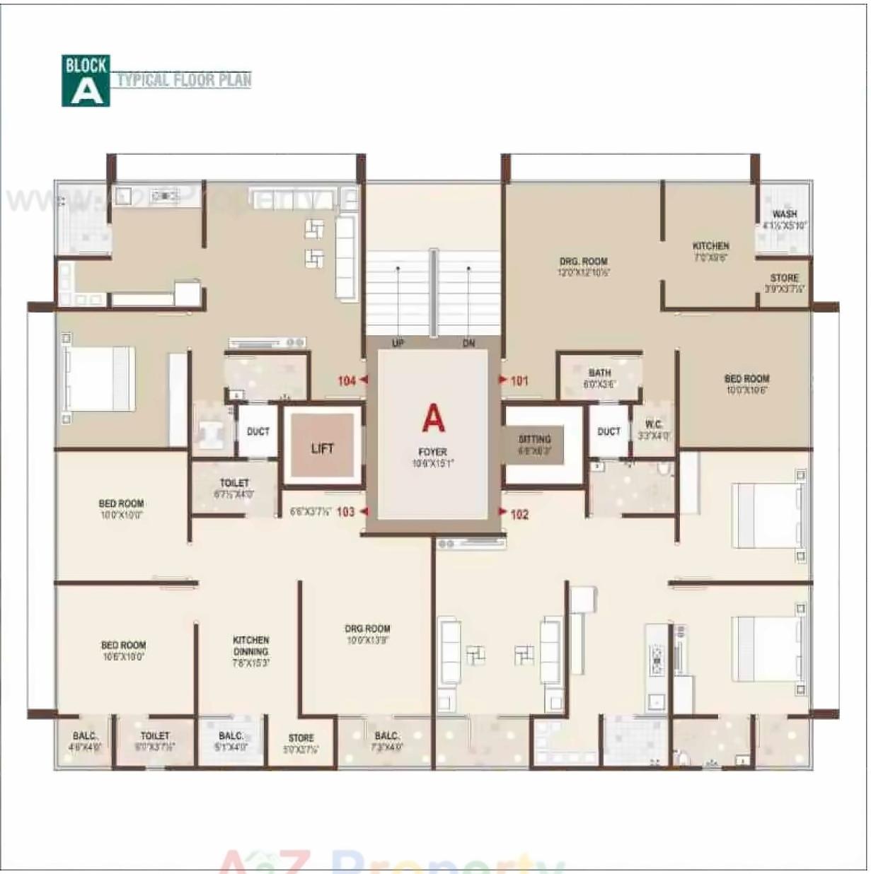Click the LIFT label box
(322, 448)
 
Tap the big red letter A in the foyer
(433, 418)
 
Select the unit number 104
(347, 381)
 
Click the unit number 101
(519, 381)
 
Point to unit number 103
(345, 511)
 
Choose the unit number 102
(519, 514)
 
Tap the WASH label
(784, 214)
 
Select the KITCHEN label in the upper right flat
(710, 246)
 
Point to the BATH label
(599, 373)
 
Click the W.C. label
(654, 425)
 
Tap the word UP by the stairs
(398, 344)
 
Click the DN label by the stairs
(468, 344)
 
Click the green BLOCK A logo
(86, 81)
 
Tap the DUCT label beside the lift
(258, 431)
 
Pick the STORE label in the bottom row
(301, 738)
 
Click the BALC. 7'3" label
(387, 736)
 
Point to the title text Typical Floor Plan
(184, 80)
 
